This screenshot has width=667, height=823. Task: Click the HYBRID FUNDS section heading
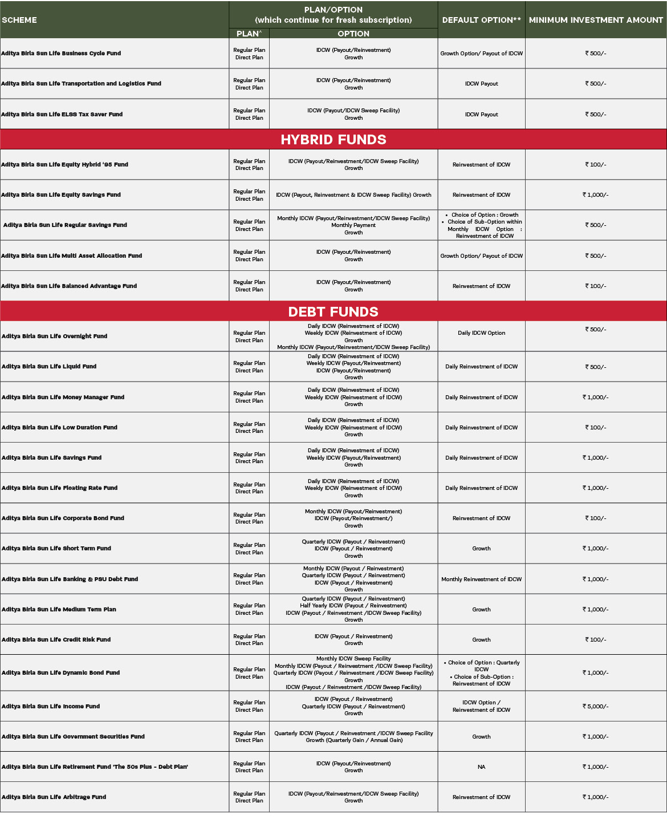pos(333,140)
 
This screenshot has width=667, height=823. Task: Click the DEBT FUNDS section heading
pos(333,312)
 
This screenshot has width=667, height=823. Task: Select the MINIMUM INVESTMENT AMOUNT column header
pos(596,20)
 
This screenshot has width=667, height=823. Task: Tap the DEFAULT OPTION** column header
pos(481,20)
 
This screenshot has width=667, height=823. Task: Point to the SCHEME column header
pos(20,20)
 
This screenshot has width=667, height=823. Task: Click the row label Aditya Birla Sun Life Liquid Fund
pos(49,367)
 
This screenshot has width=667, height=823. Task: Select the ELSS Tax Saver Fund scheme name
pos(62,115)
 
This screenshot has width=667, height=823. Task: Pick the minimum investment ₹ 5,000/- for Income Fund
pos(595,707)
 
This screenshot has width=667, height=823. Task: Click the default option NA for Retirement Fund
pos(481,767)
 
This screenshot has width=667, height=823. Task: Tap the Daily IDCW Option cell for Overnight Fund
pos(481,333)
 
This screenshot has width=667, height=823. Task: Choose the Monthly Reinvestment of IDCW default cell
pos(481,579)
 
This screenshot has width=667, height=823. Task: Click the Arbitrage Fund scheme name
pos(54,797)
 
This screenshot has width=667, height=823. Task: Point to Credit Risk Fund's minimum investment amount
pos(595,640)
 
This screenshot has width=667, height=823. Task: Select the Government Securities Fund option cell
pos(353,737)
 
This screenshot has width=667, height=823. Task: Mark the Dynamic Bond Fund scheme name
pos(61,673)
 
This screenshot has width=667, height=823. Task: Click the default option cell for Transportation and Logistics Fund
pos(481,84)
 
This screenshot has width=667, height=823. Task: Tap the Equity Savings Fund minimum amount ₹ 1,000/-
pos(595,195)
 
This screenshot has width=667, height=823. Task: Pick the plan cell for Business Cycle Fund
pos(249,54)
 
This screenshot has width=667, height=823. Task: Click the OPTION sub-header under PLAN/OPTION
pos(353,34)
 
